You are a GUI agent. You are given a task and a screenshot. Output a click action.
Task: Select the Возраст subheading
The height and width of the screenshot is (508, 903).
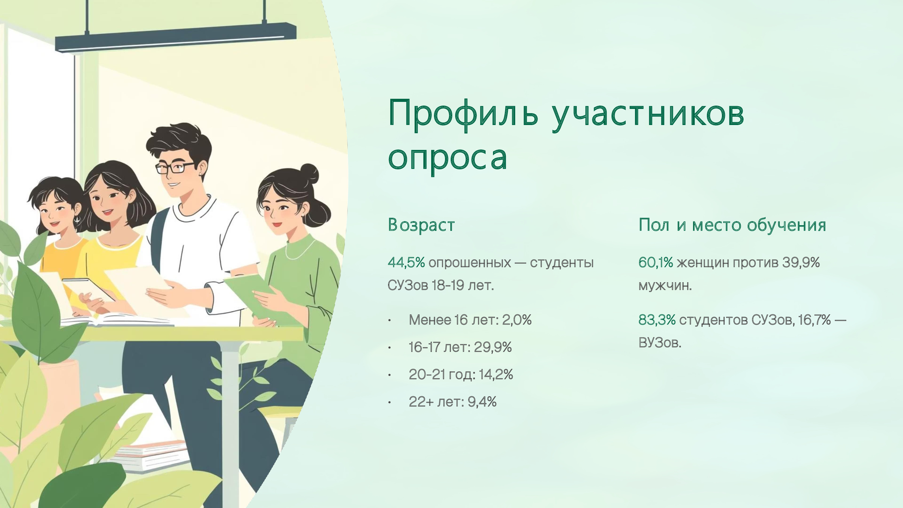[421, 225]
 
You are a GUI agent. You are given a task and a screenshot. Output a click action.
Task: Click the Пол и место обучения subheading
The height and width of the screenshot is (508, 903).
[732, 225]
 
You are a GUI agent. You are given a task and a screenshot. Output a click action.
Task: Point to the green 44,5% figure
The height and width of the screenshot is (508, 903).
[406, 262]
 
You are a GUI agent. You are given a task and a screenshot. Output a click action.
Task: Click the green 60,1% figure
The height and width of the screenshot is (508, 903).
[656, 262]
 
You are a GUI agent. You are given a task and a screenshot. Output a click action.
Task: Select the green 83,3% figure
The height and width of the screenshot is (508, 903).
[657, 320]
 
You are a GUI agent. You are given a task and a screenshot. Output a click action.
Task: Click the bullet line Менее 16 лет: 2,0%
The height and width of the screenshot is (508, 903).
[470, 320]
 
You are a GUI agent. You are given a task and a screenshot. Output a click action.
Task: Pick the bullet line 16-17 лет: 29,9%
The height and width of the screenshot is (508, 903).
[460, 347]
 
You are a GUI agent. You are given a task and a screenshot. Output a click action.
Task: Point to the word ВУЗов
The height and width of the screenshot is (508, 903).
[660, 343]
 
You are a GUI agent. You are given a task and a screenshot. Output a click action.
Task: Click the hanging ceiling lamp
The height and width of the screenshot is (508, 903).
[175, 38]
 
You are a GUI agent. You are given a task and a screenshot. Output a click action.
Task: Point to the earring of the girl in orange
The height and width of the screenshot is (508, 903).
[77, 220]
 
